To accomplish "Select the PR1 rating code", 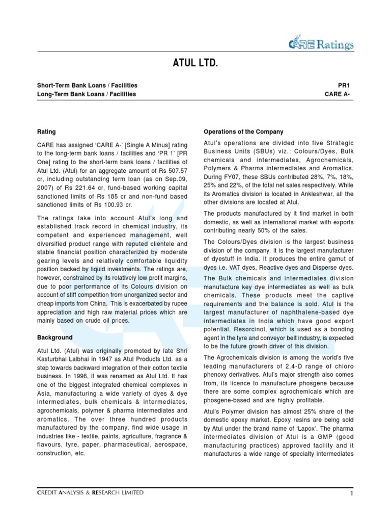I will pyautogui.click(x=345, y=85).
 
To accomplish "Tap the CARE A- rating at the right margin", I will pyautogui.click(x=339, y=94).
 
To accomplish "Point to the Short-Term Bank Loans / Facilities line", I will pyautogui.click(x=87, y=85).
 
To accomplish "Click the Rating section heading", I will pyautogui.click(x=46, y=132).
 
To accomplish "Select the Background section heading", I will pyautogui.click(x=55, y=337).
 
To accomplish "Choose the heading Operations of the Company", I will pyautogui.click(x=243, y=132).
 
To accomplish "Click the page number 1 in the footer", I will pyautogui.click(x=352, y=493).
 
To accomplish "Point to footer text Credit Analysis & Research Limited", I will pyautogui.click(x=90, y=493).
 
